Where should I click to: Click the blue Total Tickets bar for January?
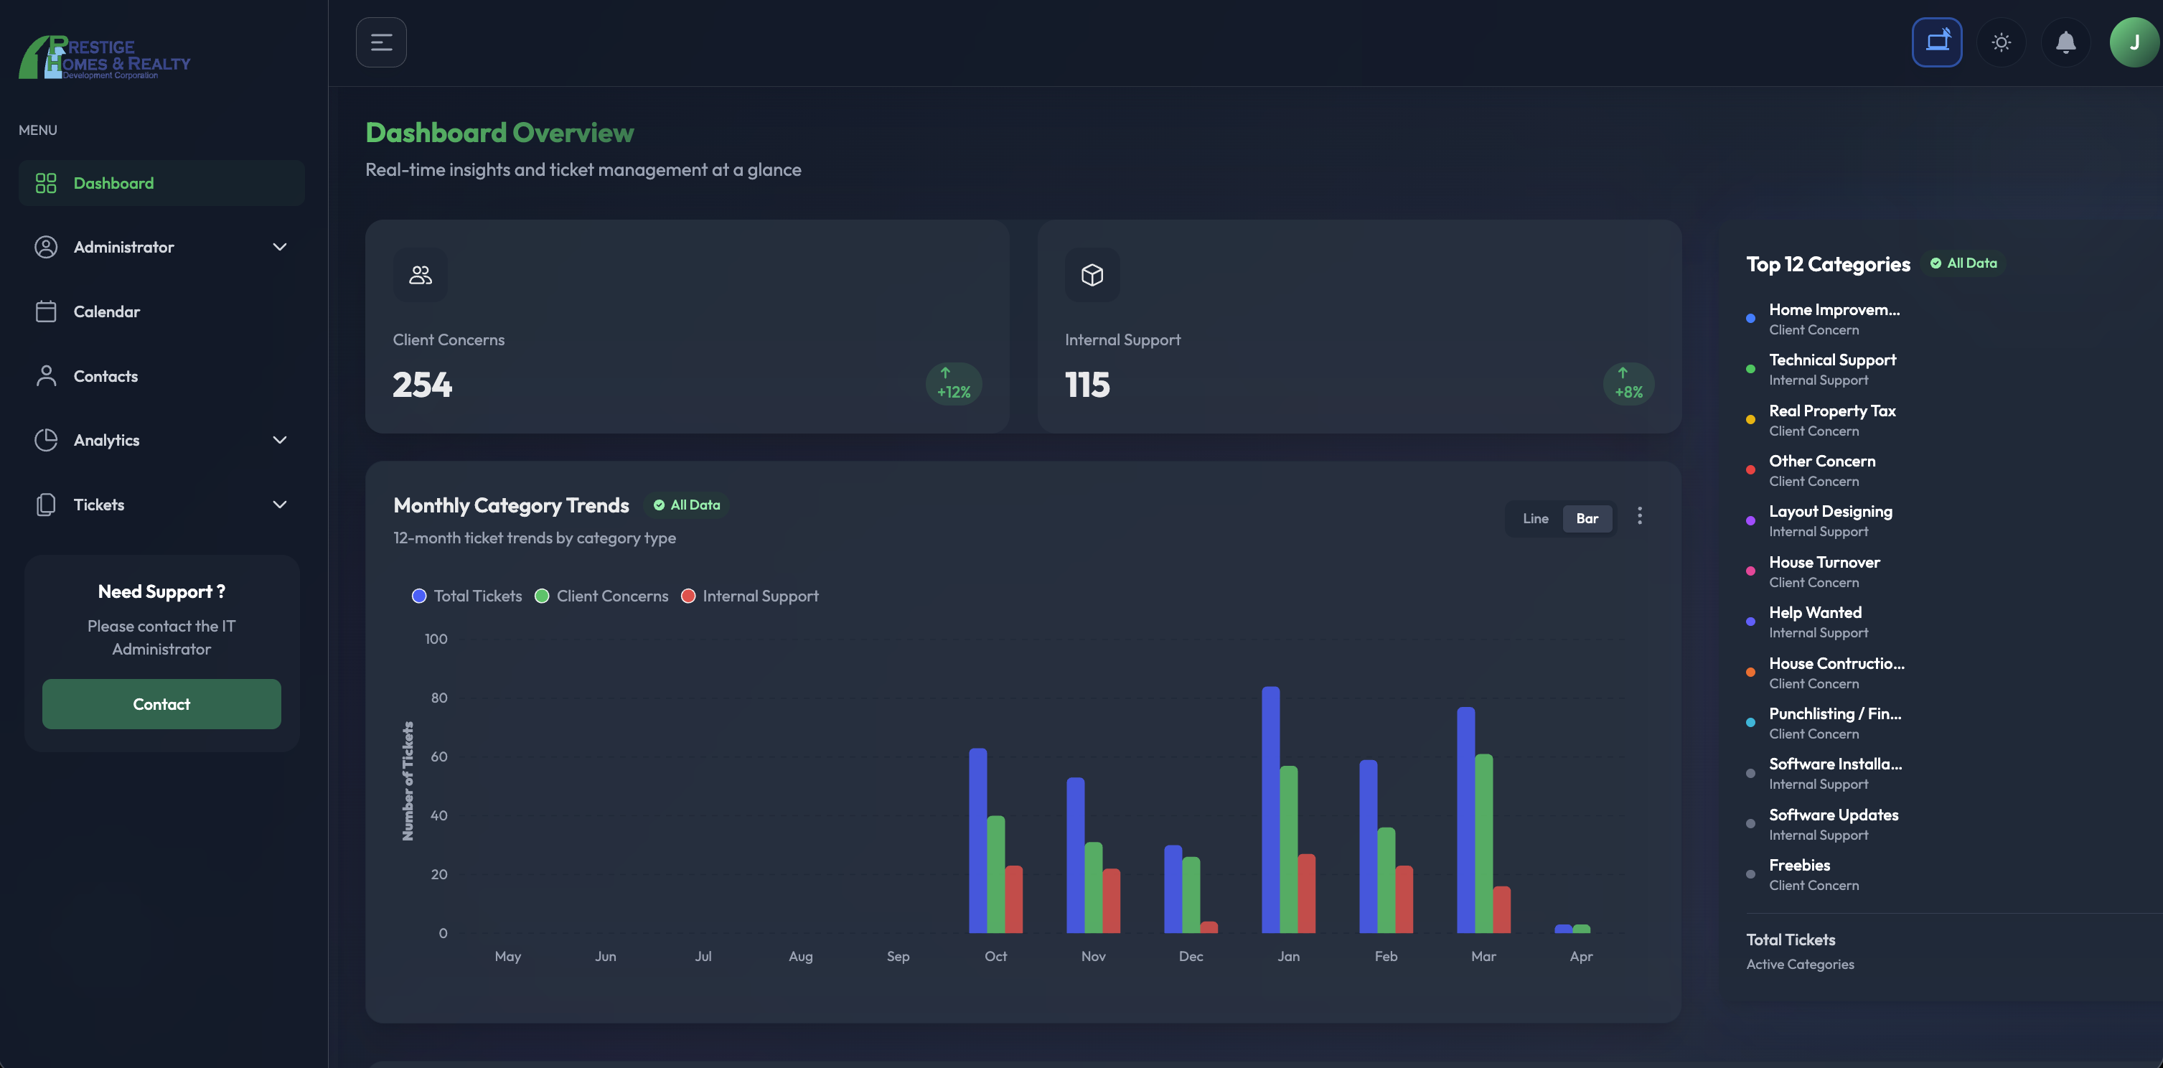click(1270, 810)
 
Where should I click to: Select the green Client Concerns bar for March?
click(1483, 844)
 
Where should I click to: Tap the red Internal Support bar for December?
click(1209, 927)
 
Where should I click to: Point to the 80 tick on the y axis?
click(439, 698)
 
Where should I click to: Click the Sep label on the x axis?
click(898, 956)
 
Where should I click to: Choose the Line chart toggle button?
click(1535, 518)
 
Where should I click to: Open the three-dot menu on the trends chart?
click(1639, 515)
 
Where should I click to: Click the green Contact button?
click(161, 704)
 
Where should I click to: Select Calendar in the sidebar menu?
click(107, 311)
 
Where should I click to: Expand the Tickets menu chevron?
click(280, 505)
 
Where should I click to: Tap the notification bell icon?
click(2065, 42)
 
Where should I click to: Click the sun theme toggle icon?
click(2002, 42)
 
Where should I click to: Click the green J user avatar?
click(2134, 42)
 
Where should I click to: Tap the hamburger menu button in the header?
click(381, 42)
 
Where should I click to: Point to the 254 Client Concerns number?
click(423, 385)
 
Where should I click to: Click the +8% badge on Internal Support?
click(1628, 384)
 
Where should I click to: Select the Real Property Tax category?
click(1831, 411)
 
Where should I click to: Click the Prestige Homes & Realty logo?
click(105, 57)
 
